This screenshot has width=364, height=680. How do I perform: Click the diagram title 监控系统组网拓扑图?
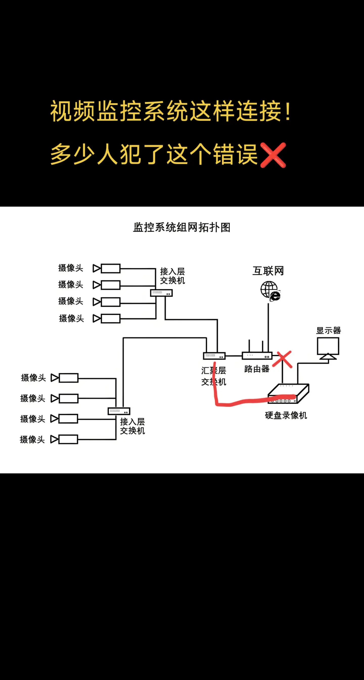(x=182, y=227)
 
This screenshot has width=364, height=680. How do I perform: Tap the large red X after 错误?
(x=273, y=155)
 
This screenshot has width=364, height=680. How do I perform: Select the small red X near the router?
(x=282, y=359)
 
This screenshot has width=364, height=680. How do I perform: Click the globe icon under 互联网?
(x=270, y=291)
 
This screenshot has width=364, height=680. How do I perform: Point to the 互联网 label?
(x=268, y=271)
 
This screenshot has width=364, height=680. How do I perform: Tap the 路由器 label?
(x=257, y=369)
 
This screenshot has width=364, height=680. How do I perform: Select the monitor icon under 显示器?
(x=328, y=348)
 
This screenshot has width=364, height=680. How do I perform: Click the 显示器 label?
(x=329, y=330)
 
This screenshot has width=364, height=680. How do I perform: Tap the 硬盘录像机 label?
(x=286, y=415)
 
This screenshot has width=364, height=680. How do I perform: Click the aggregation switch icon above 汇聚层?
(x=214, y=356)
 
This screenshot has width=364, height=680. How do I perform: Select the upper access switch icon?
(x=161, y=293)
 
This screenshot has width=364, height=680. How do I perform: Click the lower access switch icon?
(x=119, y=411)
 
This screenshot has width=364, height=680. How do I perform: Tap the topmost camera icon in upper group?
(x=107, y=269)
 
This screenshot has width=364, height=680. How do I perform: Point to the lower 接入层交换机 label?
(x=132, y=426)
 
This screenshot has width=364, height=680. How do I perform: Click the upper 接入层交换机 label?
(x=172, y=276)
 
